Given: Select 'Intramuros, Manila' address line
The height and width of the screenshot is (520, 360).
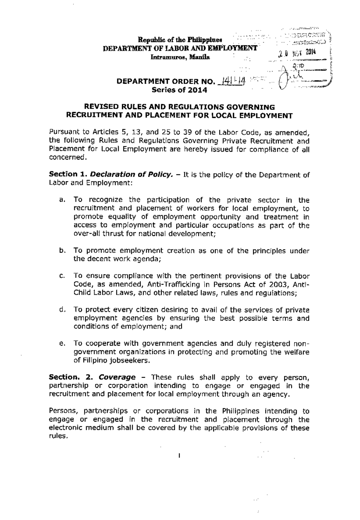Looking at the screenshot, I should click(x=180, y=57).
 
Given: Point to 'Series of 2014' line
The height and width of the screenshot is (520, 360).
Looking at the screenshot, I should click(x=179, y=90).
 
